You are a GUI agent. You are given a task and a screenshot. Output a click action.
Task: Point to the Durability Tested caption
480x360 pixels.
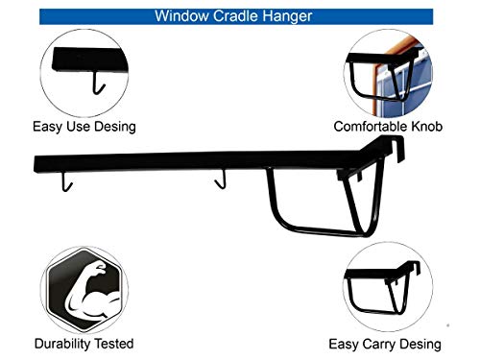[84, 343]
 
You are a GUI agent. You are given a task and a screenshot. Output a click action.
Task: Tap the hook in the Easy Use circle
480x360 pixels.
[98, 85]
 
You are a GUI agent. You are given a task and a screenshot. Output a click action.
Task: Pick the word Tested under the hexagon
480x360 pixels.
[110, 343]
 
